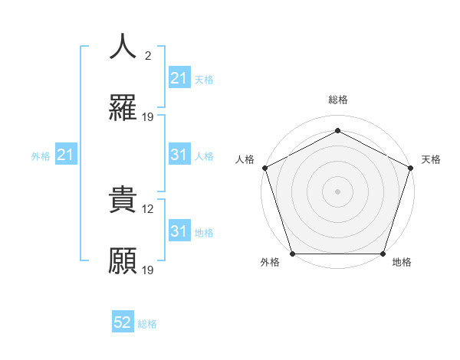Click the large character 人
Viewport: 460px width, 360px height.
coord(123,47)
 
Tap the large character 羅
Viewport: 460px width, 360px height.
coord(123,108)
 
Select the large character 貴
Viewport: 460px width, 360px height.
coord(123,200)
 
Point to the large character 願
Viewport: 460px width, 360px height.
coord(123,261)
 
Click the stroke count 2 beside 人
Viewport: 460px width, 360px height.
coord(147,56)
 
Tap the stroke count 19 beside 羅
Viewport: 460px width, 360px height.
coord(149,117)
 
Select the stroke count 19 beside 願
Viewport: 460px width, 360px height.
coord(149,270)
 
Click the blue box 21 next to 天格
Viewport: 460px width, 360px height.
coord(179,78)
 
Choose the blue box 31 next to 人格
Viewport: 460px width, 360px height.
coord(179,155)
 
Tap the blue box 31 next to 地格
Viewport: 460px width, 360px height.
coord(179,231)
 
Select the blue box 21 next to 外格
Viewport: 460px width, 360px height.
coord(66,155)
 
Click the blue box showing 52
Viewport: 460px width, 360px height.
coord(123,323)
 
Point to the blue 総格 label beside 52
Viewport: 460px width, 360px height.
coord(147,324)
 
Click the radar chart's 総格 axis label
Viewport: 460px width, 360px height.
coord(338,100)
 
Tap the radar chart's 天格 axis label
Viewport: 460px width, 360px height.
coord(431,159)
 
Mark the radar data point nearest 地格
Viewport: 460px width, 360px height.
coord(383,254)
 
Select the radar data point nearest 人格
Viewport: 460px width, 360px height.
coord(264,168)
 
